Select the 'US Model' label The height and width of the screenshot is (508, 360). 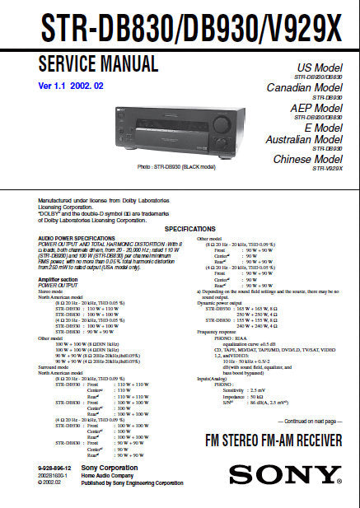(320, 68)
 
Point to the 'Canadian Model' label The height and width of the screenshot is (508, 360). (304, 87)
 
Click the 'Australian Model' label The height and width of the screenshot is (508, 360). (303, 140)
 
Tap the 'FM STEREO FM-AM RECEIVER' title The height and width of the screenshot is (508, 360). (274, 440)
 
